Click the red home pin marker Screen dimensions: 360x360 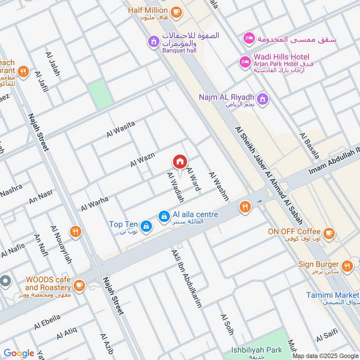tap(180, 162)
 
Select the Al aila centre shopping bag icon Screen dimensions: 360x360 tap(164, 217)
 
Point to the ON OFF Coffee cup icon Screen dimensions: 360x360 tap(329, 233)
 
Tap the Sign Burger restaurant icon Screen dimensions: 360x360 tap(346, 265)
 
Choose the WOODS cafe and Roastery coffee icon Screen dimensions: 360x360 tap(79, 285)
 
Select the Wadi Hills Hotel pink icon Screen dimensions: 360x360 tap(245, 61)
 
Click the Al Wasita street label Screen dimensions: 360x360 tap(121, 130)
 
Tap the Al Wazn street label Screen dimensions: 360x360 tap(143, 160)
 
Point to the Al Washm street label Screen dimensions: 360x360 tap(219, 186)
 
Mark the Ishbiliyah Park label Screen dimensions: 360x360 tap(256, 350)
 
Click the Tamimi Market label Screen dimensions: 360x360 tap(332, 295)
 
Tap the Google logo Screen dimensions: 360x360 tap(19, 353)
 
